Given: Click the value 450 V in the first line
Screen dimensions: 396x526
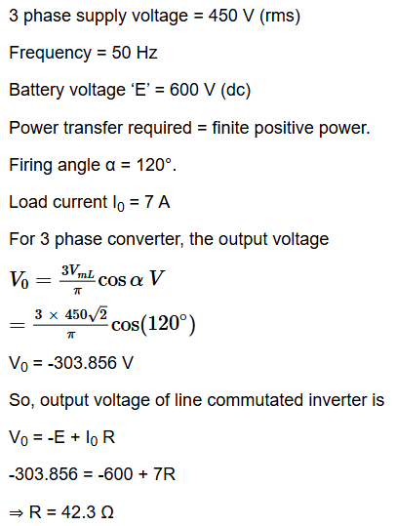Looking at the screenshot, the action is [x=231, y=16].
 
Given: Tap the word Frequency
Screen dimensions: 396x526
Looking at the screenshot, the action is [x=51, y=53].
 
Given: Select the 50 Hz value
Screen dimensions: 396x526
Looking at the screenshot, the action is [x=135, y=53].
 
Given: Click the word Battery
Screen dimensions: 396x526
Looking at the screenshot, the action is [x=36, y=90].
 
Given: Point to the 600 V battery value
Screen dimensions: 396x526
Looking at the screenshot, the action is [x=191, y=90].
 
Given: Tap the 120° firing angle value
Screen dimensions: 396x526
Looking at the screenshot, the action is [x=154, y=165].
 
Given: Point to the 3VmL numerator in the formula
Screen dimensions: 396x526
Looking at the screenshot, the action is [x=78, y=270].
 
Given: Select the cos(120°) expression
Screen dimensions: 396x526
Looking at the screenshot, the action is [x=153, y=325].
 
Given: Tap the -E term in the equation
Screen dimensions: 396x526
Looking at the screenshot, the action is [x=57, y=437].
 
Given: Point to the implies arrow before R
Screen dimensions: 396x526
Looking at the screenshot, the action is [x=17, y=513].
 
